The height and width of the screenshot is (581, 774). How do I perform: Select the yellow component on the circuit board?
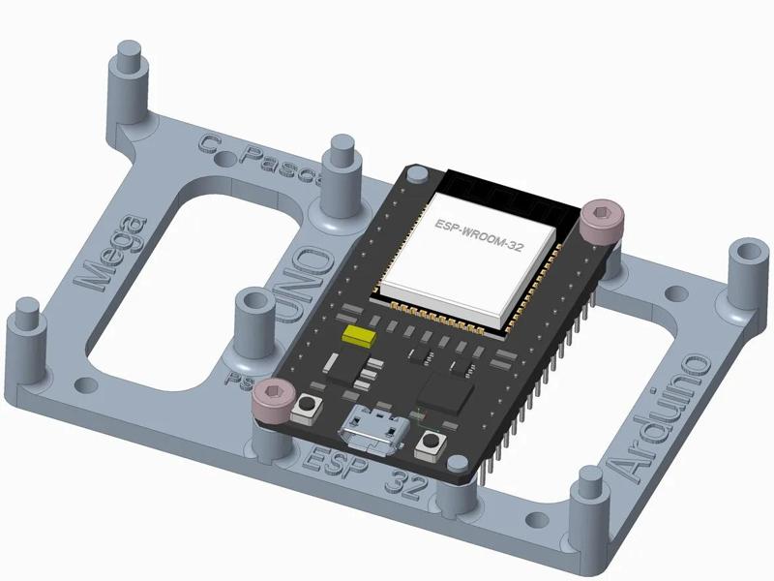pyautogui.click(x=360, y=336)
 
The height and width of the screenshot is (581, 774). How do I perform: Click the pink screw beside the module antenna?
pyautogui.click(x=602, y=220)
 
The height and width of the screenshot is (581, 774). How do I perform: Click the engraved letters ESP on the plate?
pyautogui.click(x=328, y=462)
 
